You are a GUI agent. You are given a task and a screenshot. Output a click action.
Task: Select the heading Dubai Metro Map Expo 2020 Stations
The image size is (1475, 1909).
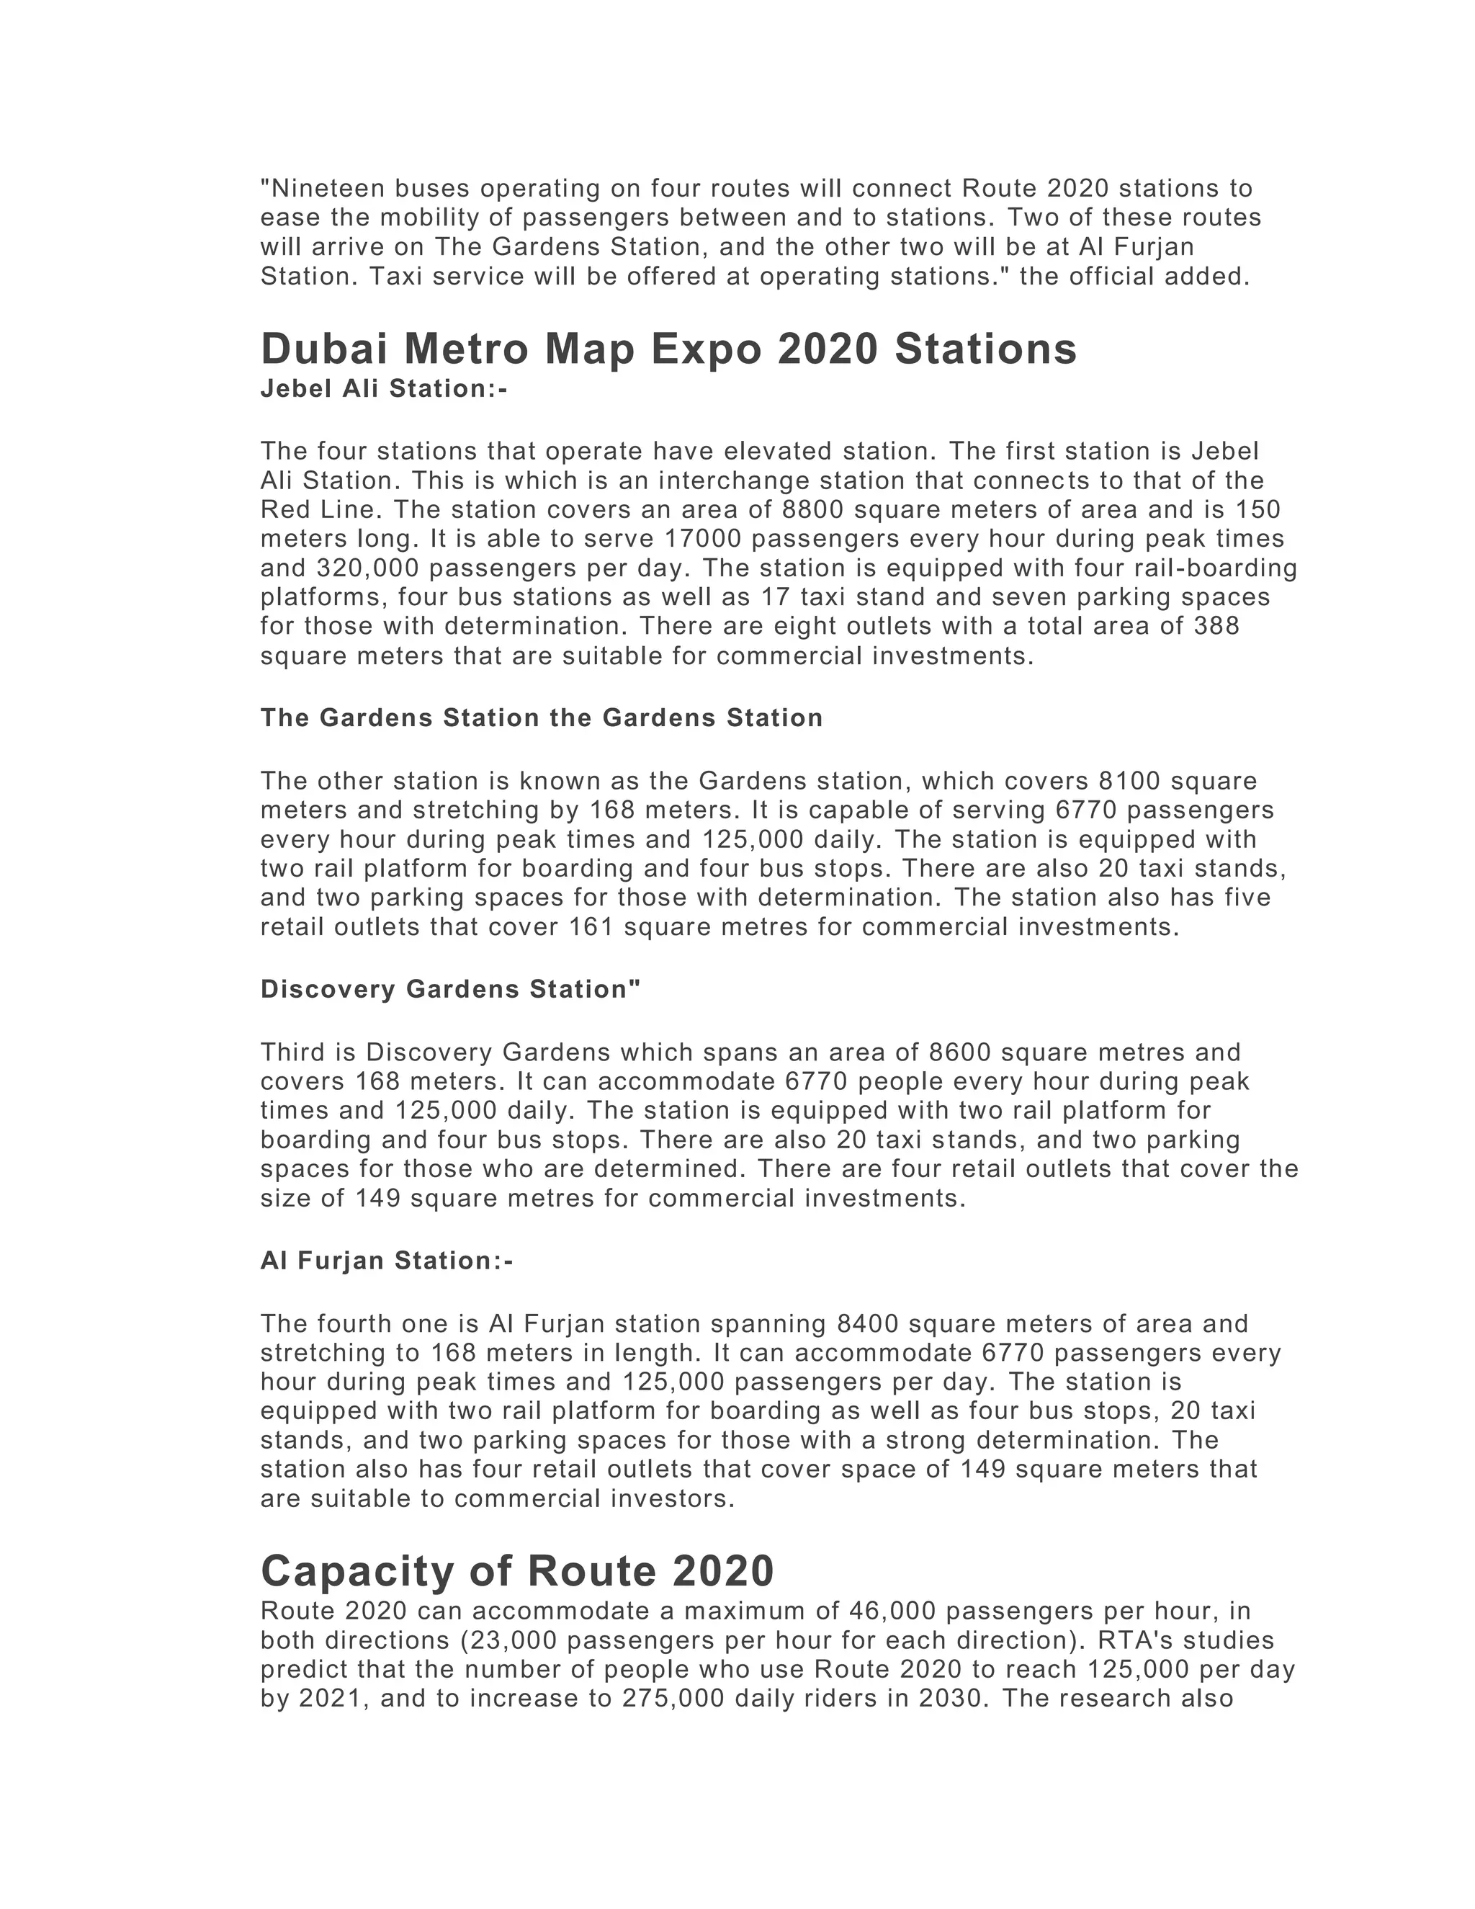point(668,349)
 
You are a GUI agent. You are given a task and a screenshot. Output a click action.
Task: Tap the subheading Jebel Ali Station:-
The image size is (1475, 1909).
point(384,388)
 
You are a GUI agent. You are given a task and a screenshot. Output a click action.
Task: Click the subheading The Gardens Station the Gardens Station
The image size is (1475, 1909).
point(542,717)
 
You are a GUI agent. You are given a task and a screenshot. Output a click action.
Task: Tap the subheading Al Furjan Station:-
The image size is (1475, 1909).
point(386,1261)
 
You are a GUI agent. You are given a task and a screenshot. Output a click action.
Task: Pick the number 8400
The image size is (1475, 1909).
point(868,1323)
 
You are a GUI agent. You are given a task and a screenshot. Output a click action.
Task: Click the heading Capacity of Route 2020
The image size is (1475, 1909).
point(517,1570)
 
